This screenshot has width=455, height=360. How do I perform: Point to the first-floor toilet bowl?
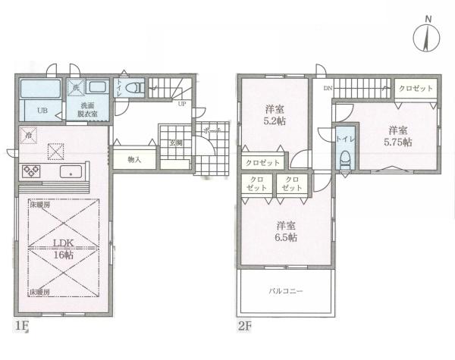[134, 88]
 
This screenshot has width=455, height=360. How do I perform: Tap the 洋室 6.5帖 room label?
[286, 230]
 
